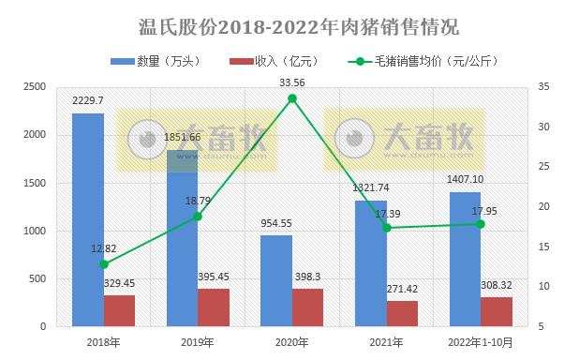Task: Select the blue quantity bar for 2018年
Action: pyautogui.click(x=88, y=219)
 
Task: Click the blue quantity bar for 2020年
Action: pyautogui.click(x=276, y=280)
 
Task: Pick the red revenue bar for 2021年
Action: pyautogui.click(x=402, y=313)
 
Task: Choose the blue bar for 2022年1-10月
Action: pyautogui.click(x=465, y=259)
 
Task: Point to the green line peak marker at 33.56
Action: pyautogui.click(x=292, y=98)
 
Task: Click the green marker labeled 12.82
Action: pyautogui.click(x=104, y=264)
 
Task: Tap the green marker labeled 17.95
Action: pyautogui.click(x=481, y=223)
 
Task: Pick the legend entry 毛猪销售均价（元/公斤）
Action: pyautogui.click(x=417, y=62)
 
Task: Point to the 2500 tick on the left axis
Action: pyautogui.click(x=35, y=87)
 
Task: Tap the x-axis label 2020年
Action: pyautogui.click(x=292, y=342)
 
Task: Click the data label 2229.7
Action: pyautogui.click(x=88, y=100)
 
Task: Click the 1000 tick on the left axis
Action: pyautogui.click(x=35, y=231)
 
